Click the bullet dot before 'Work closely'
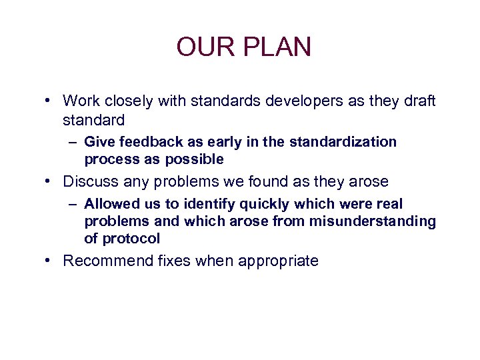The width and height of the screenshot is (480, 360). pos(49,101)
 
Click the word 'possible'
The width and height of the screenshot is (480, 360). pos(193,159)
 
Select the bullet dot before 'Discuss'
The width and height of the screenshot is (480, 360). pos(49,181)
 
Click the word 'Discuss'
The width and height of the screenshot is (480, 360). pos(89,181)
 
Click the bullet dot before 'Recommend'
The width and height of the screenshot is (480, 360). pos(49,260)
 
